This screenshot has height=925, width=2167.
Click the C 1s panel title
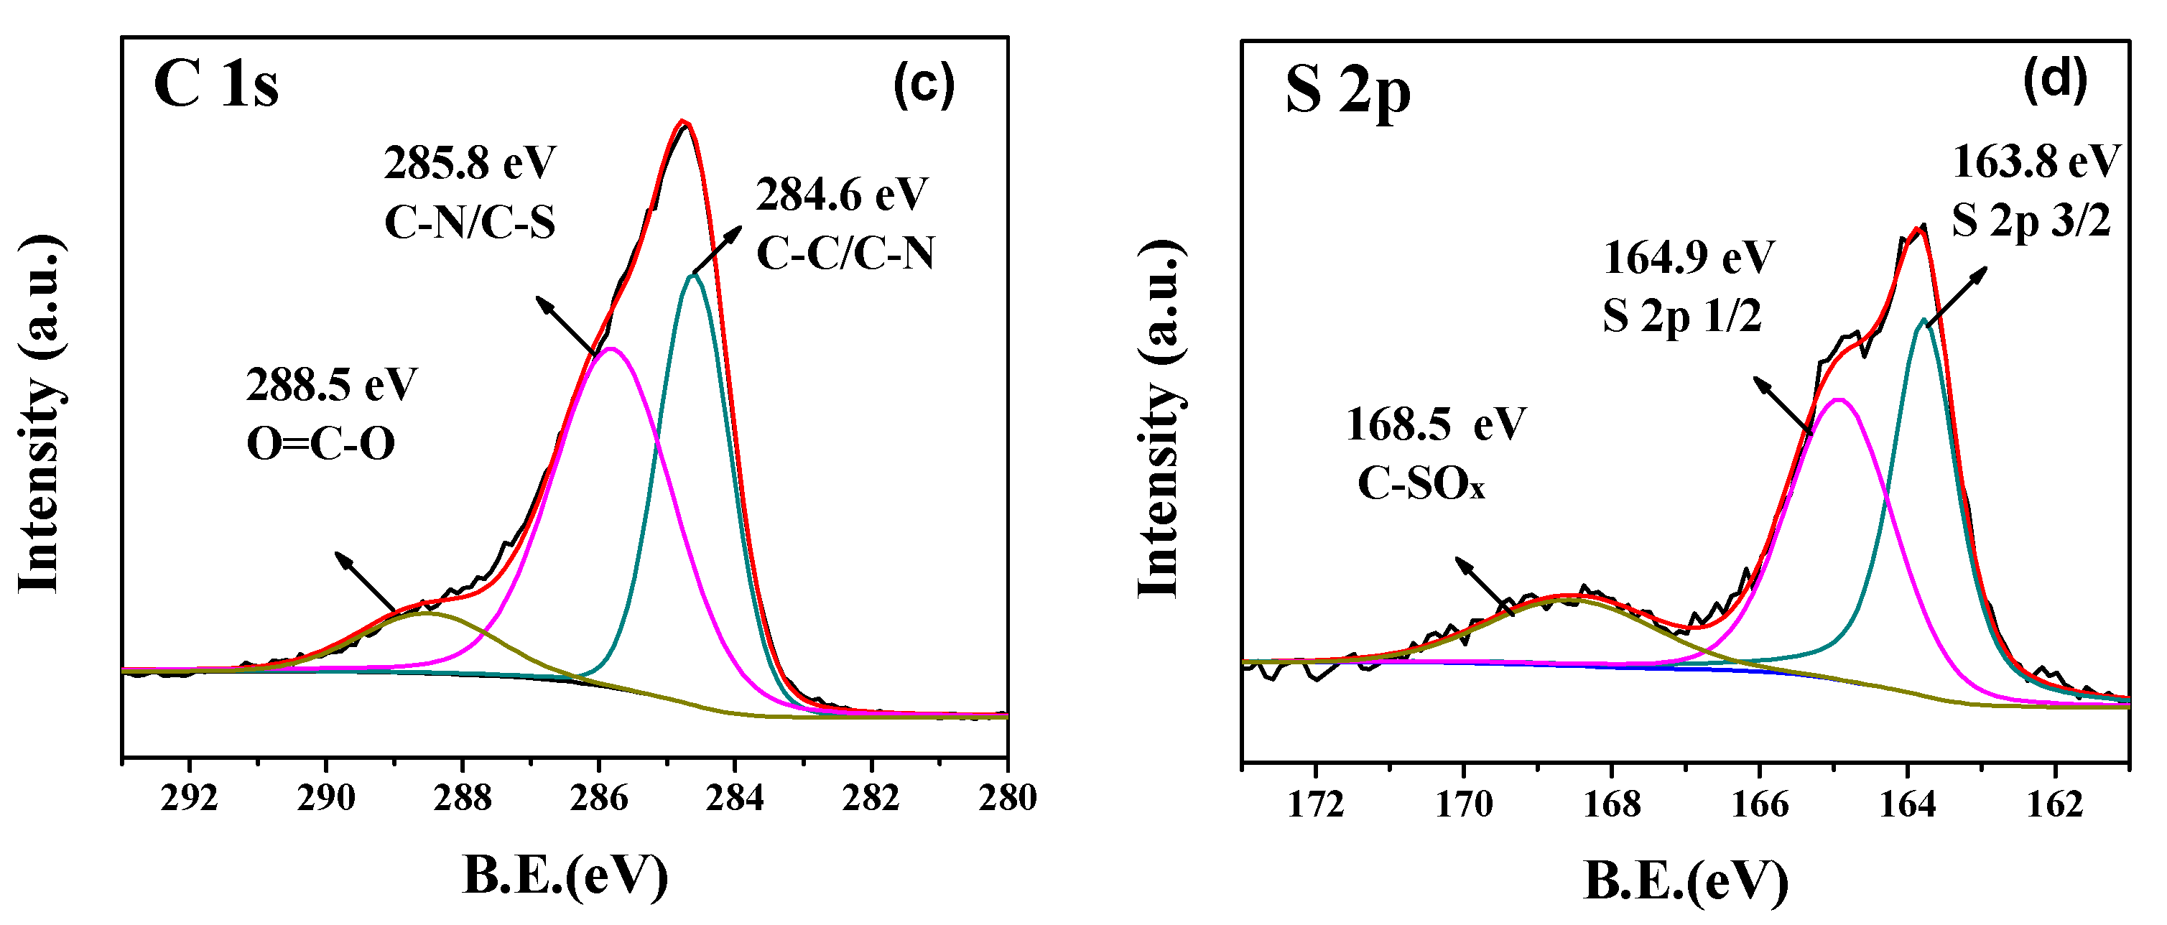(x=215, y=85)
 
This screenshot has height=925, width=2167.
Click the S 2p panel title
(x=1347, y=92)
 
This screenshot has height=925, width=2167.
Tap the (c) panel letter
(x=924, y=85)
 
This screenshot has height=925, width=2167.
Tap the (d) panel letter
(x=2055, y=80)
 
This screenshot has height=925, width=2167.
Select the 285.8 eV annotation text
(x=470, y=163)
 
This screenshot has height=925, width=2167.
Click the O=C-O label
(x=320, y=444)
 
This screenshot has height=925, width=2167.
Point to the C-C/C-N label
(x=845, y=252)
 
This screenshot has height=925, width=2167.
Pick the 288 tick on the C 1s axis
(x=462, y=797)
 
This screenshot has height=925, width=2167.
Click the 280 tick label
(x=1007, y=797)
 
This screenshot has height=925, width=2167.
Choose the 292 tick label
(x=190, y=797)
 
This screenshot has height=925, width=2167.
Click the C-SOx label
(x=1421, y=485)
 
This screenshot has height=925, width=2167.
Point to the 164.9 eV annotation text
(x=1689, y=257)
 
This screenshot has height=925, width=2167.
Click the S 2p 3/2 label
(x=2031, y=221)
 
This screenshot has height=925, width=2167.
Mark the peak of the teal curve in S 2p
(x=1923, y=320)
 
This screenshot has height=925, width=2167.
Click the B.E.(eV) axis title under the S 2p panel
(x=1686, y=881)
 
